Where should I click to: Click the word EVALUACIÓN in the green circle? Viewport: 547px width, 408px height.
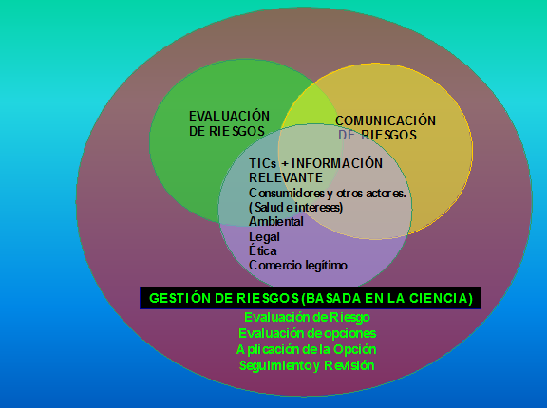coord(229,116)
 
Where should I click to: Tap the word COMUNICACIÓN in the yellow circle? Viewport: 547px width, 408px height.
coord(386,121)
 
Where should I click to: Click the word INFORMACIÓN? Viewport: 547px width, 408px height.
coord(337,163)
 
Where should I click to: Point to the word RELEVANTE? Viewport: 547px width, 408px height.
coord(286,177)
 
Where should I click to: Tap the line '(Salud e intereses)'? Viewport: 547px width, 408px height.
coord(296,207)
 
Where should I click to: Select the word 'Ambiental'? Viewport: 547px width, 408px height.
coord(276,222)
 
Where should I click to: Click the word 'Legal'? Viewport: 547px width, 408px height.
coord(264,237)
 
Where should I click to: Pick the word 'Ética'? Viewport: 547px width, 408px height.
coord(263,250)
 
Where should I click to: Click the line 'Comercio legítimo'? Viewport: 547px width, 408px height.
coord(298,265)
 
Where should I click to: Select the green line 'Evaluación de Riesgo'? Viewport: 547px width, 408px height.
coord(307,317)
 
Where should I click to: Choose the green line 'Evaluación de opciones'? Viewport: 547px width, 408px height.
coord(308,333)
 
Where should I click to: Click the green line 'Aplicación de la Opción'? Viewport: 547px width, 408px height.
coord(307,349)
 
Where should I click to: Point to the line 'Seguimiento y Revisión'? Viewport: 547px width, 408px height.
coord(307,365)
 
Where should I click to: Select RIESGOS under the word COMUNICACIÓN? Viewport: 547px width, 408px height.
coord(388,135)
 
